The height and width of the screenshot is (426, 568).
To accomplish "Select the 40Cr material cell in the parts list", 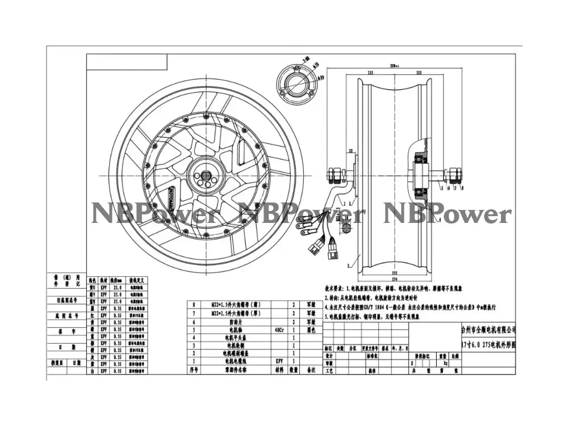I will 277,328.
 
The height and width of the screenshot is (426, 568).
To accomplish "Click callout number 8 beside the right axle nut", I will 463,187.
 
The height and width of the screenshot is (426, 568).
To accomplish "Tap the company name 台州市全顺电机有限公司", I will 488,329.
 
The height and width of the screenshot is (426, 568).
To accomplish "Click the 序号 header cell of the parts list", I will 194,369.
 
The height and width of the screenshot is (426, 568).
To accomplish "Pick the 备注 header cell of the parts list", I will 311,369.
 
